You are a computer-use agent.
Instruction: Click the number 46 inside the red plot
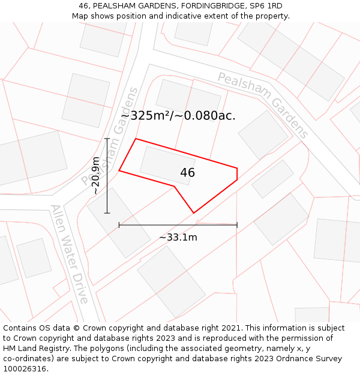[x=187, y=173]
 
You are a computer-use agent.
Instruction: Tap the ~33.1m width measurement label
[x=178, y=237]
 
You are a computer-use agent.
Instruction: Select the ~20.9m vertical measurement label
[x=95, y=175]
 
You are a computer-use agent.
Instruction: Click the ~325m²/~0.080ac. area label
[x=178, y=116]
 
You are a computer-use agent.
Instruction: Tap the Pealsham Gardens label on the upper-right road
[x=263, y=105]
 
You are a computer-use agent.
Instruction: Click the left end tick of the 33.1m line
[x=119, y=225]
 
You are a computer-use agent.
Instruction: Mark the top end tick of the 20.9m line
[x=107, y=139]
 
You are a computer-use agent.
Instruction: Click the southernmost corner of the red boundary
[x=194, y=212]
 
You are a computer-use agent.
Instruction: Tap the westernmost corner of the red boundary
[x=119, y=170]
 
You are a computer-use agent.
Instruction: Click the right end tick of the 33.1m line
[x=237, y=225]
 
